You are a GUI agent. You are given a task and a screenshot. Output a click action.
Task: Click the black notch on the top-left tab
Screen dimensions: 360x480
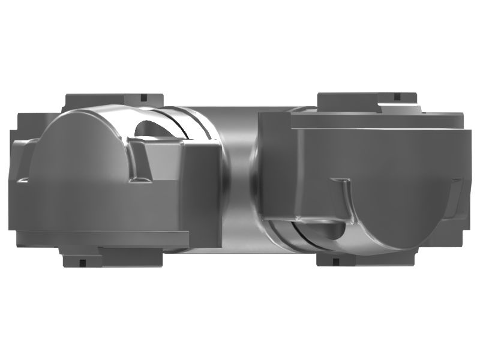pos(143,97)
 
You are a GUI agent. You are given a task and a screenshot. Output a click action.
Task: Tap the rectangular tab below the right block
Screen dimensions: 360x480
pos(366,258)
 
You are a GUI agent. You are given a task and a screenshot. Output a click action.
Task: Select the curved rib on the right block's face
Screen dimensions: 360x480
pos(345,201)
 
